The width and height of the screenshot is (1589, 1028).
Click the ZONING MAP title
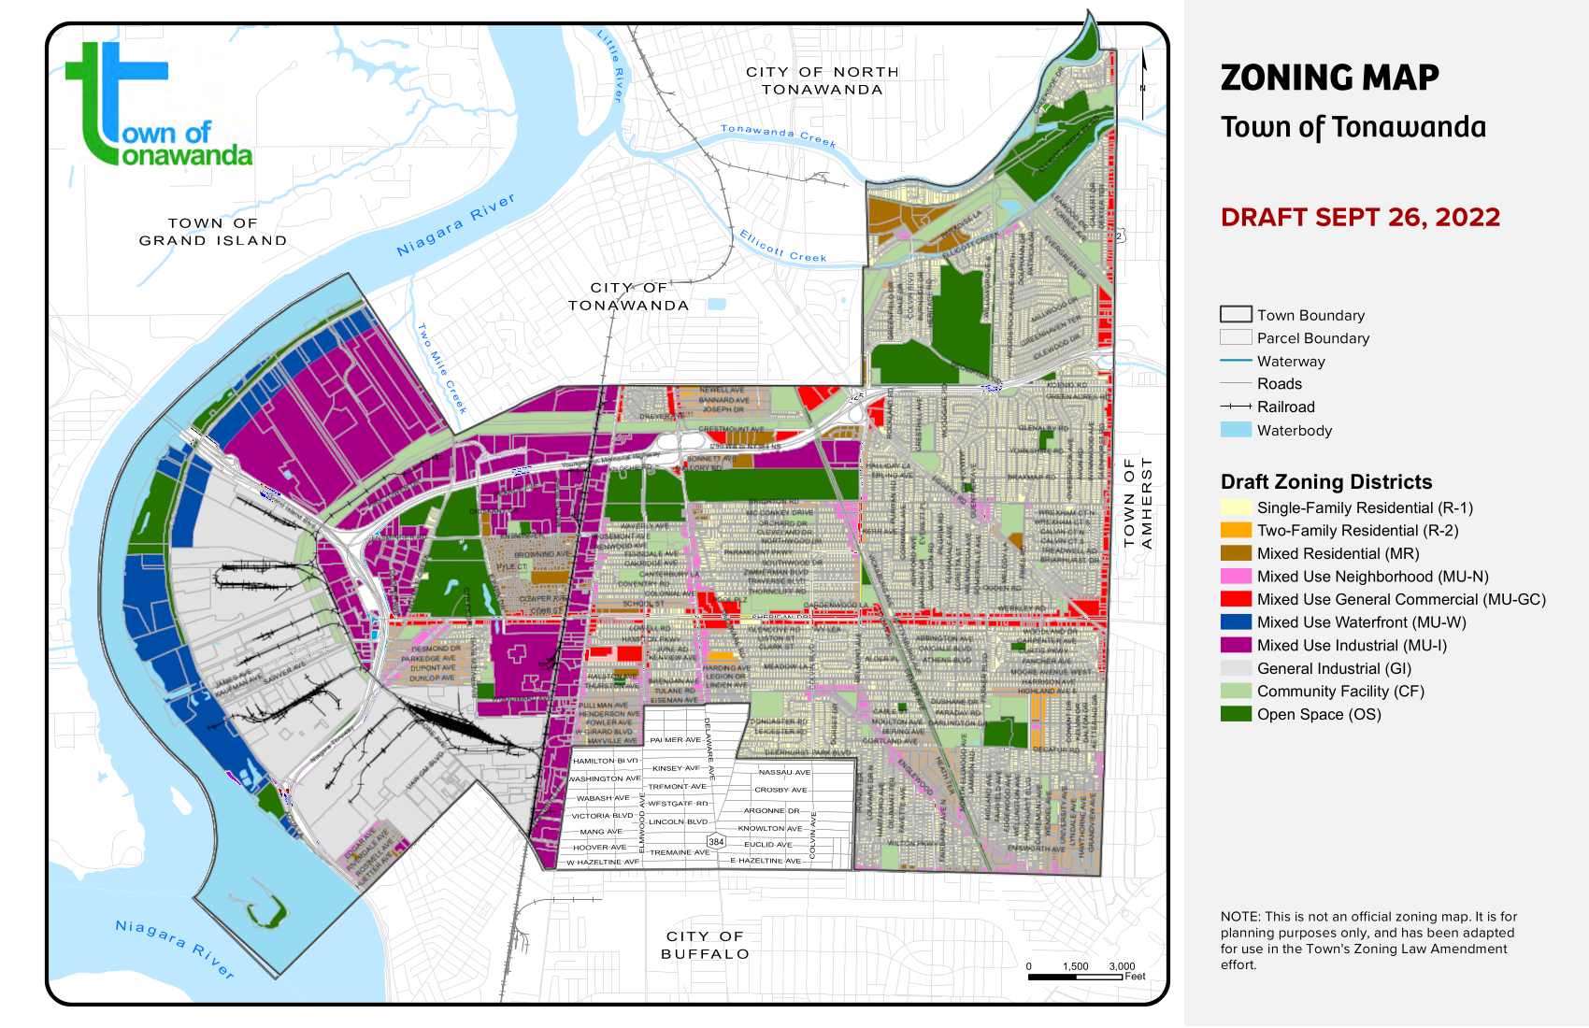pos(1329,78)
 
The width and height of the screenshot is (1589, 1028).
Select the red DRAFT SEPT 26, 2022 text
pos(1360,217)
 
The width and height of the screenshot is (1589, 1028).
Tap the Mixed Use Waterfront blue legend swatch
pos(1236,621)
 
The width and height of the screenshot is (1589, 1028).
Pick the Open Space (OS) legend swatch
pos(1236,714)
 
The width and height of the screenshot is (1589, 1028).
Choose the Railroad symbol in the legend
pos(1236,407)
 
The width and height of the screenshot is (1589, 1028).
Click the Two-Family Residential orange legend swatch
pos(1236,530)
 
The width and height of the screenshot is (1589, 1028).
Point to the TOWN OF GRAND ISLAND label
pos(213,232)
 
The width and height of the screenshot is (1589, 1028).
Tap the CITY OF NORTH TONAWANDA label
pos(823,80)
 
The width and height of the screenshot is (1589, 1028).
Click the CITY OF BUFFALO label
pos(706,945)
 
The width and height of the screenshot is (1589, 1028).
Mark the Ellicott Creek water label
pos(783,246)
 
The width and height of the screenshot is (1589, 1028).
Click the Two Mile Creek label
pos(441,368)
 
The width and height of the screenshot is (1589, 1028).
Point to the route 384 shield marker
pos(716,841)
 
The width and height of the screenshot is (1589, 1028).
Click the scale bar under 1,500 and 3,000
pos(1075,977)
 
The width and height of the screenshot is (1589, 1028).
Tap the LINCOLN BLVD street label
pos(679,822)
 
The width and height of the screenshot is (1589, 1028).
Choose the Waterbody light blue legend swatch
pos(1236,430)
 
